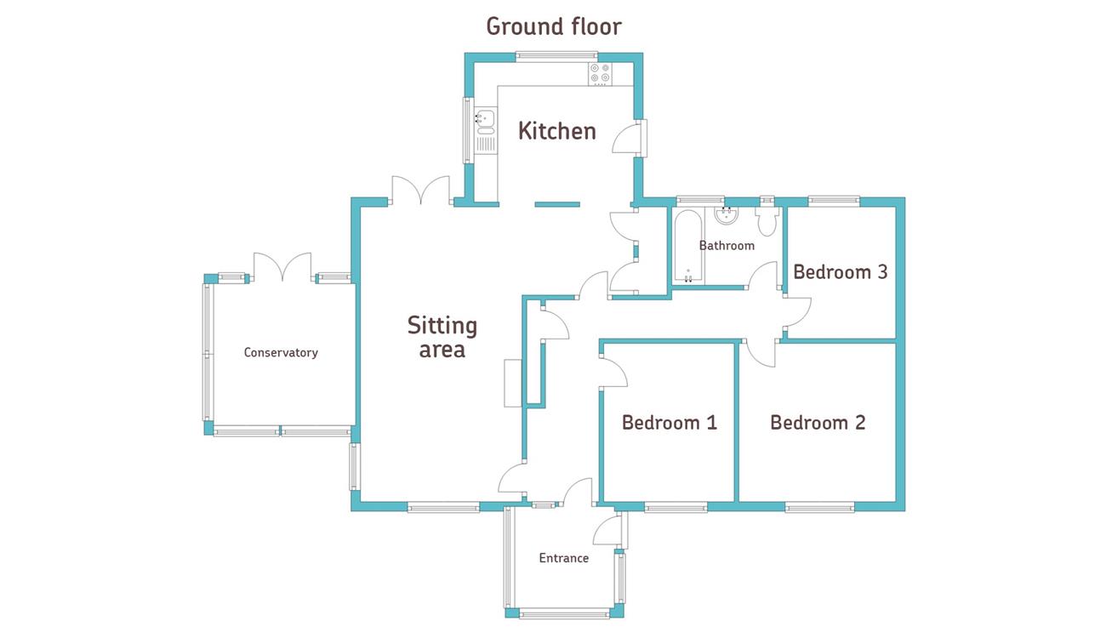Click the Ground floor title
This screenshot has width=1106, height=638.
[x=553, y=26]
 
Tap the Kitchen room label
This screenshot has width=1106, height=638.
[x=557, y=131]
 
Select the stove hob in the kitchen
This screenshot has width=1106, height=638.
[x=600, y=75]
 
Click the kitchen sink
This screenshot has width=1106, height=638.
[x=485, y=121]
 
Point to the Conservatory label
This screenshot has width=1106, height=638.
[x=281, y=353]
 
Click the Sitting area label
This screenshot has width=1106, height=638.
[x=442, y=337]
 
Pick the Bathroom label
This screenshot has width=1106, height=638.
[x=727, y=246]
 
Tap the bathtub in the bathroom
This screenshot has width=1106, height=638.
[x=687, y=247]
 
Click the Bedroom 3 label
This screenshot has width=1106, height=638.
[x=841, y=272]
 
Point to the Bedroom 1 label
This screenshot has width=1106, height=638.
[x=670, y=423]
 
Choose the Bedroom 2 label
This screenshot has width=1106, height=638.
[x=818, y=423]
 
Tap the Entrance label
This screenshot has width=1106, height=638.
[x=564, y=559]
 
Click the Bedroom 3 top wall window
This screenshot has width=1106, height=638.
[x=834, y=202]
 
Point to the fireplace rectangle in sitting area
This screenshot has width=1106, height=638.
[x=512, y=383]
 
